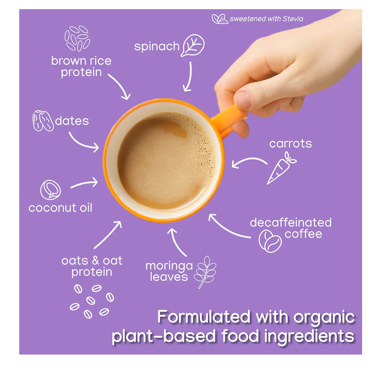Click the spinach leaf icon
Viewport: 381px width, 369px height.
pos(193,45)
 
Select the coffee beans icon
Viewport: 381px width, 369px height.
pos(270,241)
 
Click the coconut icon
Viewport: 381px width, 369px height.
pos(51,190)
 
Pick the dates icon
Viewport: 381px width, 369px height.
pos(43,120)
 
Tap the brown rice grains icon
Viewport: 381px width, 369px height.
pos(77,38)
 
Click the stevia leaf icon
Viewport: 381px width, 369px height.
pos(220,19)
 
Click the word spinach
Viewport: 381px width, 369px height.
pos(157,47)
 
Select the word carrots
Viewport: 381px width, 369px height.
pos(291,144)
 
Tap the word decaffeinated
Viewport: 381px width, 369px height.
pos(291,223)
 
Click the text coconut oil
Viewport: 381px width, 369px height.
pos(60,208)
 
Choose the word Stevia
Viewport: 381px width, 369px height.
pos(293,19)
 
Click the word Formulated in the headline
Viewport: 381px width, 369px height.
pos(204,317)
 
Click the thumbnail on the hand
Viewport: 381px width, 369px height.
pos(243,100)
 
